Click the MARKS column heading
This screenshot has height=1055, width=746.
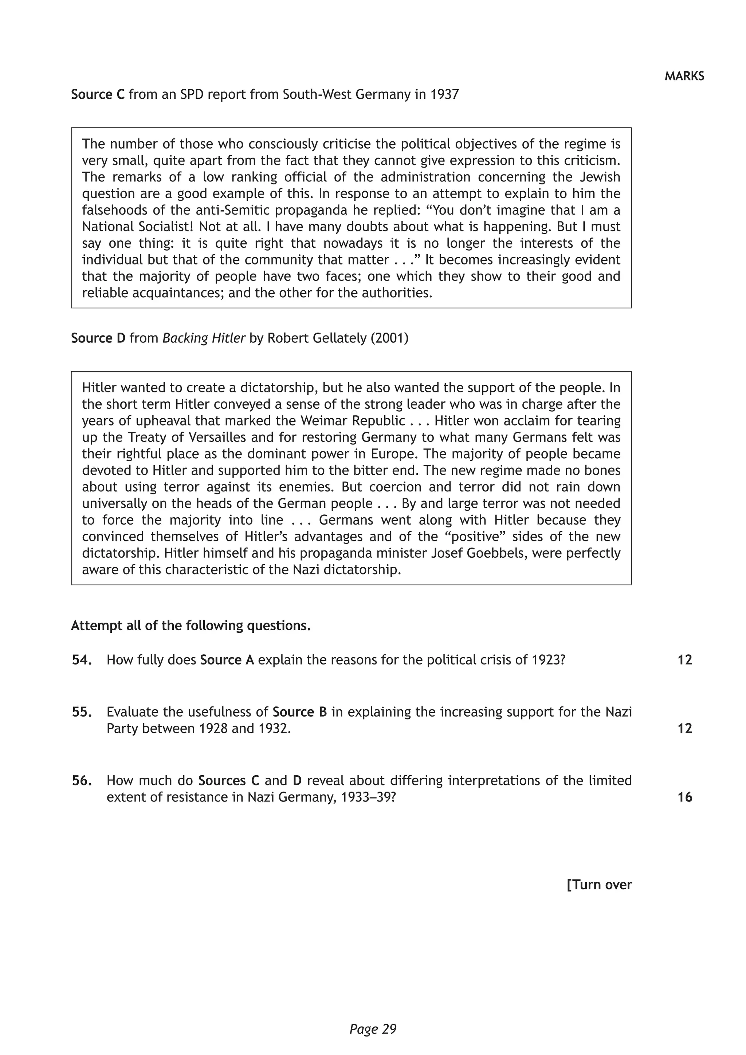[x=684, y=76]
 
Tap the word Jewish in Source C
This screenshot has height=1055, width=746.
[x=597, y=177]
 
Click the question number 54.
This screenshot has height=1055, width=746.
[x=82, y=660]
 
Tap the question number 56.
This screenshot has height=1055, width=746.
[x=82, y=781]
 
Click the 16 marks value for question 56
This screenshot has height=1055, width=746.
[x=684, y=797]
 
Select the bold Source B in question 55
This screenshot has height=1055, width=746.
[x=299, y=712]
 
